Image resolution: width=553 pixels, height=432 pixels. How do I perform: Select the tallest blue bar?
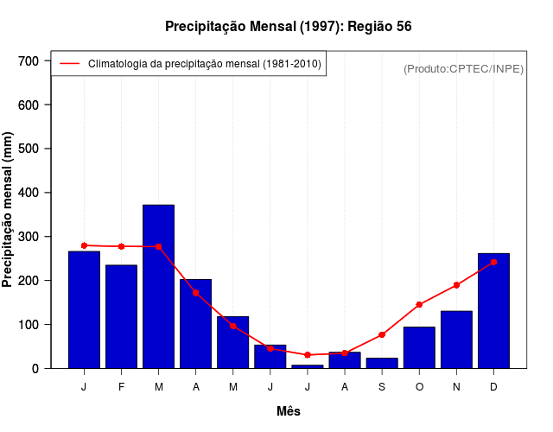click(158, 286)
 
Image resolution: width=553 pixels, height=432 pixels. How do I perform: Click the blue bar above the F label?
click(121, 316)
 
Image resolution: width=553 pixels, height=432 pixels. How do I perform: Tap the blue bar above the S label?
click(382, 363)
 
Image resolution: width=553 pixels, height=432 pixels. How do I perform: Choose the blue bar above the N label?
click(456, 340)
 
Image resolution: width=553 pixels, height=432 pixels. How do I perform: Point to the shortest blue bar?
click(307, 366)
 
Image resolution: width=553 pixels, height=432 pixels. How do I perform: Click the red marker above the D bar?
click(493, 262)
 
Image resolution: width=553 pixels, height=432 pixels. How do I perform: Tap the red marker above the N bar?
click(456, 285)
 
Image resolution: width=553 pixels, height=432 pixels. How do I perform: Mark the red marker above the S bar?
click(382, 334)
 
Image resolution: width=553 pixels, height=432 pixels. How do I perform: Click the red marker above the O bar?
click(419, 304)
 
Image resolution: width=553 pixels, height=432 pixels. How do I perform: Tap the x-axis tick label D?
click(493, 387)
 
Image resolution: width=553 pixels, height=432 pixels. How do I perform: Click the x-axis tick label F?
click(121, 387)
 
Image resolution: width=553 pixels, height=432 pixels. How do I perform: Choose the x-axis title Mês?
click(289, 411)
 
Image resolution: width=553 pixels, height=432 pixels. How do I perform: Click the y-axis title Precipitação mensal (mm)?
click(9, 210)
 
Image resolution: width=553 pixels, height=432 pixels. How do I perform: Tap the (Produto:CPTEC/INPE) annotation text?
click(463, 68)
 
